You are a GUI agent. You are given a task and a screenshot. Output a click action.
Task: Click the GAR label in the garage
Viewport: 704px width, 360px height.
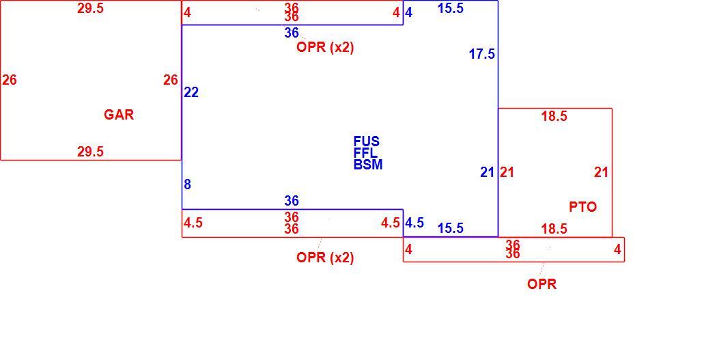point(119,115)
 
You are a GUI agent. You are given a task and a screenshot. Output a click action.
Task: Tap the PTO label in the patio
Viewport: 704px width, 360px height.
point(582,207)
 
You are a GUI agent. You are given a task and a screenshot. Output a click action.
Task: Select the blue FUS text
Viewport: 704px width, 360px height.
point(367,141)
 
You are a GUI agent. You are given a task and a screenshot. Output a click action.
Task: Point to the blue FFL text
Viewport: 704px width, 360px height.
point(365,153)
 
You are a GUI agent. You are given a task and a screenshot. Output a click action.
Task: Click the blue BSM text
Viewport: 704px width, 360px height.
point(368,165)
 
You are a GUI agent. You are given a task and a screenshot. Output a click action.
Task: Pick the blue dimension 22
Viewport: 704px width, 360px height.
point(191,93)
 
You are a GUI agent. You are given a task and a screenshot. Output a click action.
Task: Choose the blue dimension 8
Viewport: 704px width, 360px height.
point(188,184)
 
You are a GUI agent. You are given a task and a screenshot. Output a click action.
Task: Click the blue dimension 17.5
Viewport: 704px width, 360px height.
point(482,55)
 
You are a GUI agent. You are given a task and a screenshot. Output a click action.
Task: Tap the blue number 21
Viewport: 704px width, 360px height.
point(487,172)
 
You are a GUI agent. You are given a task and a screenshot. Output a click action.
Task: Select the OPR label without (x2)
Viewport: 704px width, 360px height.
point(542,284)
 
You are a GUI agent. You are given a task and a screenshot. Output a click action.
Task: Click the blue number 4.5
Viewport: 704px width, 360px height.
point(414,223)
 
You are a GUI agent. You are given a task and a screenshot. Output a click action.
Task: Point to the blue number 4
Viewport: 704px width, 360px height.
point(408,12)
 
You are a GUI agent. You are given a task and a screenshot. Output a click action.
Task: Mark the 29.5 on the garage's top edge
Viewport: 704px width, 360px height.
point(90,9)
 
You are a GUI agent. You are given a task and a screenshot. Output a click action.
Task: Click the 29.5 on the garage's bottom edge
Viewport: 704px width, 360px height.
point(90,152)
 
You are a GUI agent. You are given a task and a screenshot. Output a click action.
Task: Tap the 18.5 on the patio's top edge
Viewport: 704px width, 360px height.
point(554,116)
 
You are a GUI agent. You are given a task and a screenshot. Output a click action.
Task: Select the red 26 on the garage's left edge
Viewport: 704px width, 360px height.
point(10,81)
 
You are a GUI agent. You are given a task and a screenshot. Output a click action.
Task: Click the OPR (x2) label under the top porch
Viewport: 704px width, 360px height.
point(325,48)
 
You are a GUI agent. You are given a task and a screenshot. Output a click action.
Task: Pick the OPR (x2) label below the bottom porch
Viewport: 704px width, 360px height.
point(325,258)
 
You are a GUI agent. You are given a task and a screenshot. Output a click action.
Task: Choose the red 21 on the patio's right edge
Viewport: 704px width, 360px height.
point(601,172)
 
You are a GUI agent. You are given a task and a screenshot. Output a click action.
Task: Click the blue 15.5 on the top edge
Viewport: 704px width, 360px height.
point(450,9)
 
